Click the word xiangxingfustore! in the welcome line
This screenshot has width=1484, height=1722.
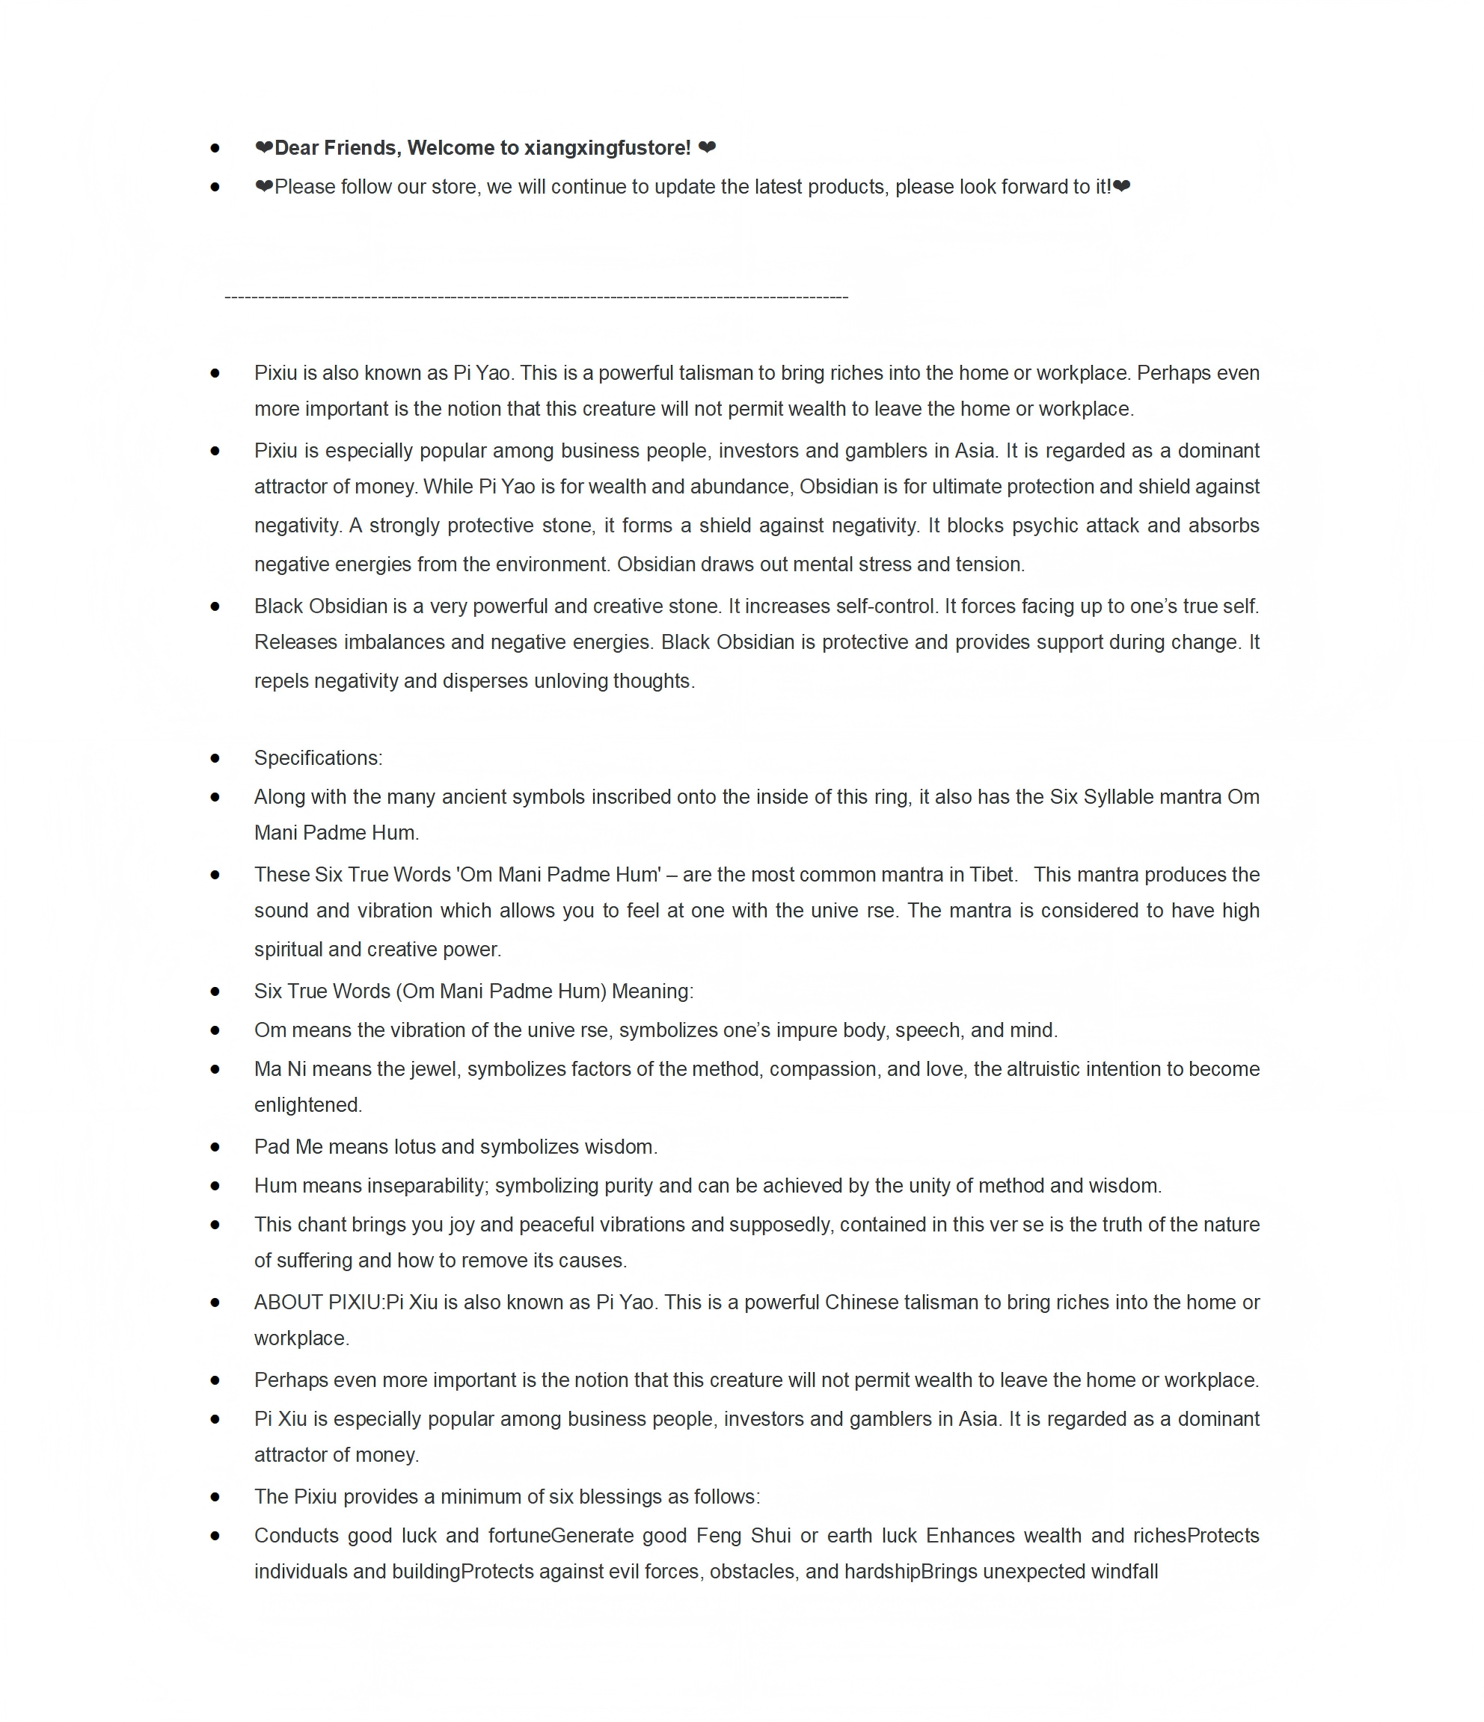point(607,148)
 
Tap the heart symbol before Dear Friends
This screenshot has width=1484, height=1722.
point(263,148)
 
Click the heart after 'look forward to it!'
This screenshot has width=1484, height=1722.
point(1121,187)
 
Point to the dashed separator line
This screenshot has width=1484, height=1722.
point(536,297)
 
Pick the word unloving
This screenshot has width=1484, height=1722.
point(570,680)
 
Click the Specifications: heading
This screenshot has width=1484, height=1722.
point(319,758)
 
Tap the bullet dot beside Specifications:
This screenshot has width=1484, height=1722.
point(215,758)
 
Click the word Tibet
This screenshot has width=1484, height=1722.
point(993,874)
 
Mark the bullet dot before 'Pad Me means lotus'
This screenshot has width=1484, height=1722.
point(215,1147)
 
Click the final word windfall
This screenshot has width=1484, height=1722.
point(1124,1572)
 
